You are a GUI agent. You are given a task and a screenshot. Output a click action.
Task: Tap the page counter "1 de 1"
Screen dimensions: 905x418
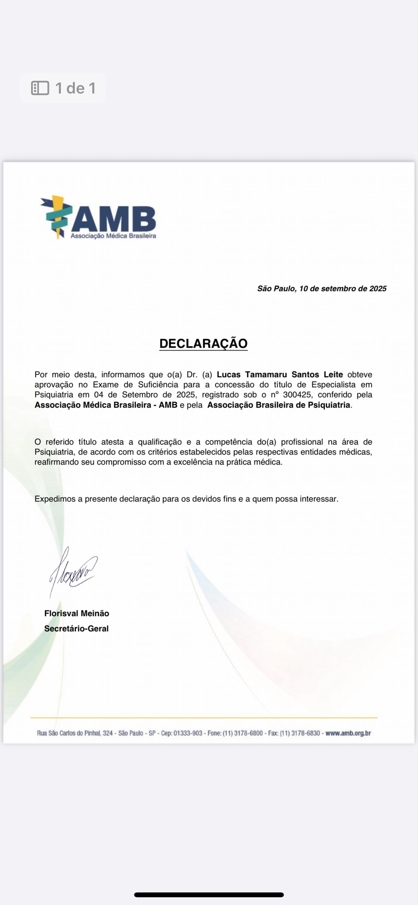click(75, 88)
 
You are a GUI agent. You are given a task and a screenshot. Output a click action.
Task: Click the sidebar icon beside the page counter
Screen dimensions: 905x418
click(40, 88)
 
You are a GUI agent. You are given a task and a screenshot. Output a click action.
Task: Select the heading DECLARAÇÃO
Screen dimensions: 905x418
click(203, 344)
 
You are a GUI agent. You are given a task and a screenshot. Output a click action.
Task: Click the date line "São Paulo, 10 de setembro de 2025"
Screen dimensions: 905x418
click(322, 289)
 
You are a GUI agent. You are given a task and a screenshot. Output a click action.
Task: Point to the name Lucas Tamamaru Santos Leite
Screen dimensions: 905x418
click(280, 375)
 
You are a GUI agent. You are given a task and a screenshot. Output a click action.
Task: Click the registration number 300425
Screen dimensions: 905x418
click(297, 395)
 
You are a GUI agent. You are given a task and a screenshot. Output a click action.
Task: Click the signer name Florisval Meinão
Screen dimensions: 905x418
click(77, 613)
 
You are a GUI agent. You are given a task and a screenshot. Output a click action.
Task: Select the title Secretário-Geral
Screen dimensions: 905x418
click(76, 629)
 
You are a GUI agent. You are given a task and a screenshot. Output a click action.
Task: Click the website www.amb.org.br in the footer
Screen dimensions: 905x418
click(348, 733)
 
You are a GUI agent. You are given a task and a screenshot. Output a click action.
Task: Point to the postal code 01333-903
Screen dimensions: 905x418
click(188, 733)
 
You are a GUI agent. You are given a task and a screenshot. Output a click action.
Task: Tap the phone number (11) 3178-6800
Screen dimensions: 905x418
click(243, 733)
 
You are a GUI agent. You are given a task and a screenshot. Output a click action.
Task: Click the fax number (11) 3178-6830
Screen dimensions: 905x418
click(300, 733)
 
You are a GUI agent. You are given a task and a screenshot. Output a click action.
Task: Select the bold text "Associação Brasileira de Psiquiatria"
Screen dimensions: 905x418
click(279, 405)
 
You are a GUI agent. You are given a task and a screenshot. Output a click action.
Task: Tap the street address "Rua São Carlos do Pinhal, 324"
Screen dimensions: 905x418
click(75, 733)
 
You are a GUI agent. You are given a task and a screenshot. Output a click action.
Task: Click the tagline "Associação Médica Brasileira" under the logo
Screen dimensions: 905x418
click(113, 236)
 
